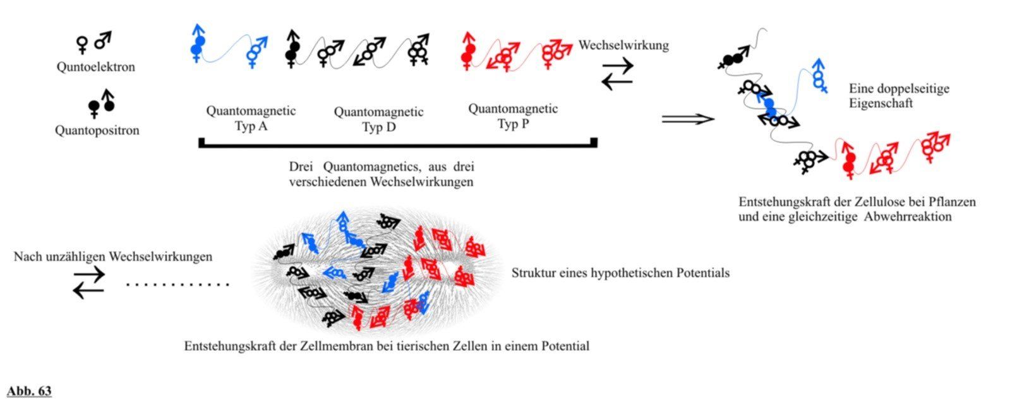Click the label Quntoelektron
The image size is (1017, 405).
point(95,67)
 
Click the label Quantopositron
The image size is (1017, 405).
point(97,131)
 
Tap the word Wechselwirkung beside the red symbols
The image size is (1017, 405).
point(623,45)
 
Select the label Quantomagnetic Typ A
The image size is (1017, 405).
point(251,118)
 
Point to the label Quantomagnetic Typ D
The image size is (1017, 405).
point(378,119)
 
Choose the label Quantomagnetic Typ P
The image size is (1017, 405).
point(512,116)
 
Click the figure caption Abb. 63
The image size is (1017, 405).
point(29,391)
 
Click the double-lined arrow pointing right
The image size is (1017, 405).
point(687,119)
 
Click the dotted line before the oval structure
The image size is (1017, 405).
point(178,285)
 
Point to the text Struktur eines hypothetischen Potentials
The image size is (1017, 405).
point(620,273)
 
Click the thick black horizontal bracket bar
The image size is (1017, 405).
point(398,144)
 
